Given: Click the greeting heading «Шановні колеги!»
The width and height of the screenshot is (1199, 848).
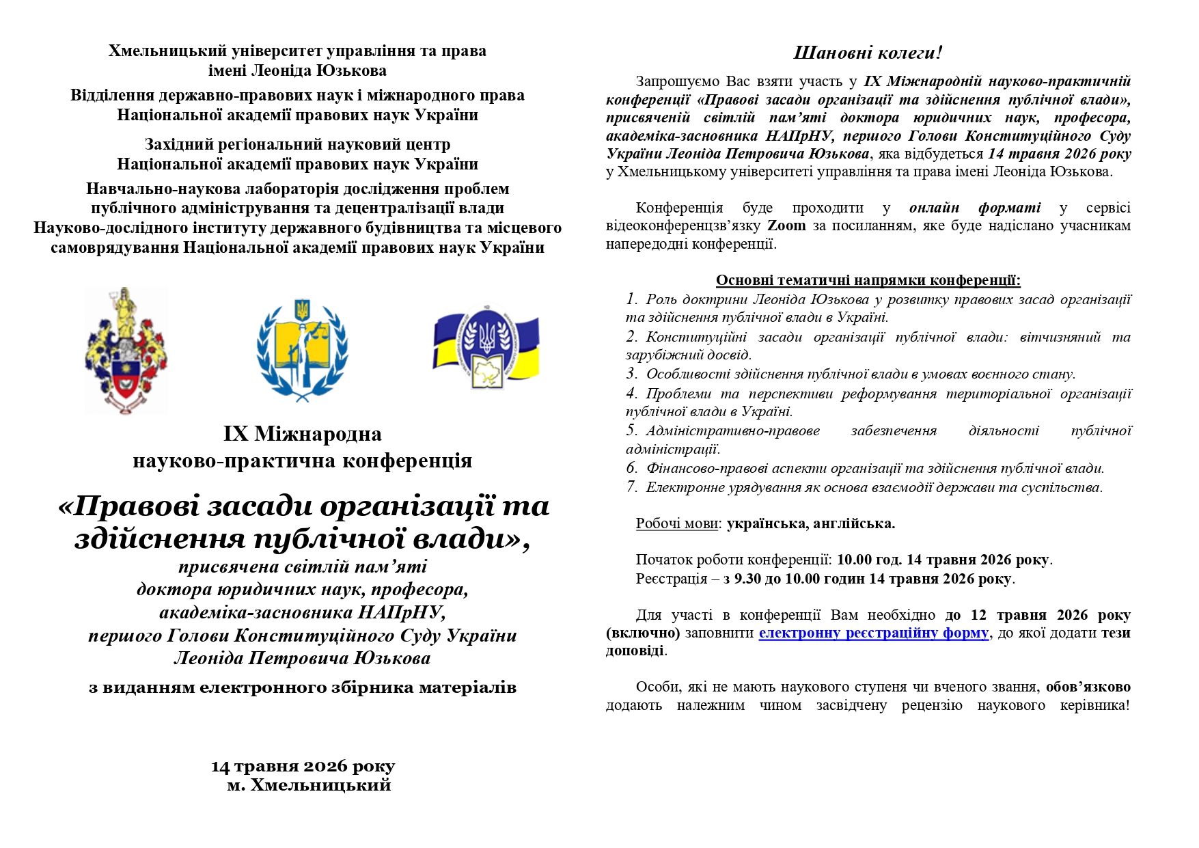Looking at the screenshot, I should pyautogui.click(x=868, y=53).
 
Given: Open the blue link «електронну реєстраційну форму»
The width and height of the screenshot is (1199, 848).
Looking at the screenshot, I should pyautogui.click(x=873, y=633).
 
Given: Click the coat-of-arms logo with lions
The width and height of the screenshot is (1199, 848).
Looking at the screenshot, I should pyautogui.click(x=126, y=350).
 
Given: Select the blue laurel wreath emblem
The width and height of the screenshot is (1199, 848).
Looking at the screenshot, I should pyautogui.click(x=302, y=350).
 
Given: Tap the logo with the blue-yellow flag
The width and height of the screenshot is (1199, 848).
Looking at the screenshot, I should pyautogui.click(x=486, y=347).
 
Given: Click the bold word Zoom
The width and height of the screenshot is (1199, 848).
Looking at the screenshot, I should pyautogui.click(x=786, y=225).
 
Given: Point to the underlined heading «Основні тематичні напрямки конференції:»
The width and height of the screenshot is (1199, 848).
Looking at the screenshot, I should pyautogui.click(x=868, y=280).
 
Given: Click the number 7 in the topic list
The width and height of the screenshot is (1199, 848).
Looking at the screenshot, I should pyautogui.click(x=631, y=487).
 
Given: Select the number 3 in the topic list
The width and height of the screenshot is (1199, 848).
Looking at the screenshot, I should pyautogui.click(x=631, y=374).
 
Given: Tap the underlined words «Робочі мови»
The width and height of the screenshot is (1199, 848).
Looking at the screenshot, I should pyautogui.click(x=676, y=523).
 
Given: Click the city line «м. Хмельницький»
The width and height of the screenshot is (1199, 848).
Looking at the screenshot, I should pyautogui.click(x=309, y=784).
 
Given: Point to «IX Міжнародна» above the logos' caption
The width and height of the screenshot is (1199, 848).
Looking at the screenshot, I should pyautogui.click(x=302, y=434).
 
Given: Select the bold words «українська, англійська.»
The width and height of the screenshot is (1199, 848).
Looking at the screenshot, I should pyautogui.click(x=810, y=523).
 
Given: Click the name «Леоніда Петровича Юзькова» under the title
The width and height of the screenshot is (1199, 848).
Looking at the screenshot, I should pyautogui.click(x=302, y=658).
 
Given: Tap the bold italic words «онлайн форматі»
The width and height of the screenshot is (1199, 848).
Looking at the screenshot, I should pyautogui.click(x=975, y=208).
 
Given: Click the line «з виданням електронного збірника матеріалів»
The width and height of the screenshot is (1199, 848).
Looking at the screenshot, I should pyautogui.click(x=302, y=687).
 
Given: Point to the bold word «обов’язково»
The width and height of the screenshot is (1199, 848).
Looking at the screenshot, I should pyautogui.click(x=1088, y=687).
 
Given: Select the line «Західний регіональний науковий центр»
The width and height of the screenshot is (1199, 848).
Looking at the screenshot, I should pyautogui.click(x=297, y=144).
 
